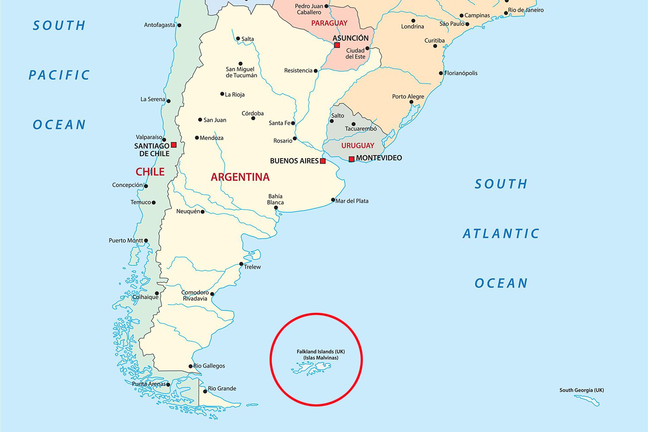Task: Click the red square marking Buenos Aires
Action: pos(323,161)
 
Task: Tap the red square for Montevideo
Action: pos(352,159)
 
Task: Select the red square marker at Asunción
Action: pos(337,45)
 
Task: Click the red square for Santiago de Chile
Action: pos(174,145)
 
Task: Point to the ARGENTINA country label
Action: pos(240,177)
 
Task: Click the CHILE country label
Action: pos(150,172)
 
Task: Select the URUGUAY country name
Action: pos(358,146)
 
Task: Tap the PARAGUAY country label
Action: pos(329,23)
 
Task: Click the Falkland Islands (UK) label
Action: pos(321,352)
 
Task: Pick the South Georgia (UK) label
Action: pos(581,390)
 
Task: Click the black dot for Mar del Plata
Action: pos(333,200)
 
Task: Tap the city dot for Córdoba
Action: pos(253,118)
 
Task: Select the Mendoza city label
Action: pos(212,138)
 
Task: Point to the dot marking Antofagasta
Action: pos(179,25)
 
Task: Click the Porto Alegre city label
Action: pos(408,96)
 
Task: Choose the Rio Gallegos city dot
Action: pos(191,366)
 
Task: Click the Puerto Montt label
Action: pos(126,241)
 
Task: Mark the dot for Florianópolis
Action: pos(441,73)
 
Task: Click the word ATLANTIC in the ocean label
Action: pos(501,234)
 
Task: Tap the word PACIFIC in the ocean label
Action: pos(59,75)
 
